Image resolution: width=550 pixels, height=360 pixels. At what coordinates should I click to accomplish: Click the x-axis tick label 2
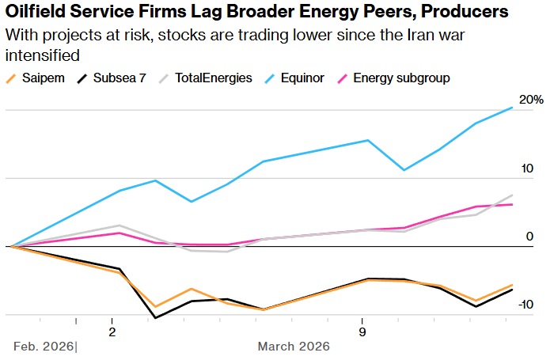pyautogui.click(x=112, y=330)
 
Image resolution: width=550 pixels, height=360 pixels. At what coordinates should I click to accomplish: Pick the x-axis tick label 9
pyautogui.click(x=362, y=330)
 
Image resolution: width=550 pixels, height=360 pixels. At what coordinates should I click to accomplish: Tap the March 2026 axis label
pyautogui.click(x=294, y=347)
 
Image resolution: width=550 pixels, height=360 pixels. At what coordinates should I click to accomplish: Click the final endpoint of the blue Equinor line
pyautogui.click(x=513, y=107)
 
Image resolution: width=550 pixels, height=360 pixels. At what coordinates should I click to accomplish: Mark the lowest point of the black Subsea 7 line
pyautogui.click(x=155, y=318)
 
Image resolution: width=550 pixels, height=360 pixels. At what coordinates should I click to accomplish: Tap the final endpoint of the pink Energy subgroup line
pyautogui.click(x=513, y=204)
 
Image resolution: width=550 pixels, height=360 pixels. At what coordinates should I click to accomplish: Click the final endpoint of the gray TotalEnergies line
pyautogui.click(x=513, y=195)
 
